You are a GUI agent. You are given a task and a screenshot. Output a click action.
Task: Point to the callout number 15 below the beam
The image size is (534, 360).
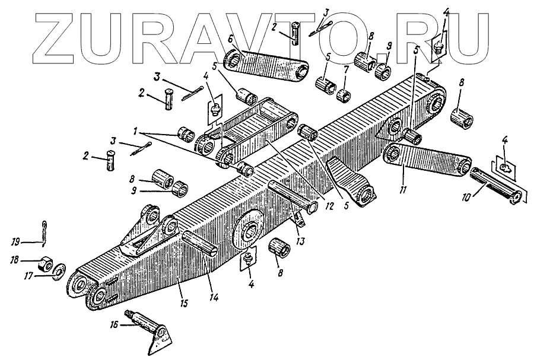[x=184, y=304]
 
